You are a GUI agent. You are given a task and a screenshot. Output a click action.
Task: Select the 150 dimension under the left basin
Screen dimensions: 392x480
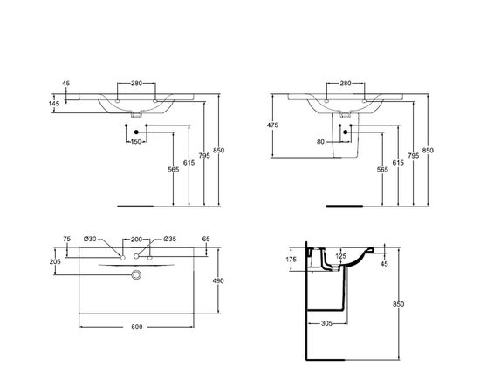(x=136, y=141)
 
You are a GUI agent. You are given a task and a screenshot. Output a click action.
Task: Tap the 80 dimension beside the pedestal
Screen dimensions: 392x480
(x=320, y=141)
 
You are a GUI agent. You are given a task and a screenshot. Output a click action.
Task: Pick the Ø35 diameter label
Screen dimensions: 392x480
(x=169, y=240)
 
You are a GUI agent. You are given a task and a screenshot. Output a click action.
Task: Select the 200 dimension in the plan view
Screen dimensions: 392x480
(x=136, y=240)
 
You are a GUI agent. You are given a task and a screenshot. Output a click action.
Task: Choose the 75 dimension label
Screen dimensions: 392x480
(x=66, y=240)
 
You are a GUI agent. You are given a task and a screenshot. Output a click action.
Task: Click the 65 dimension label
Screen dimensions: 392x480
(x=205, y=240)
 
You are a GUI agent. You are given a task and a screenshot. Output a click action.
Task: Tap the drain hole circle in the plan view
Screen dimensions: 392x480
(x=136, y=276)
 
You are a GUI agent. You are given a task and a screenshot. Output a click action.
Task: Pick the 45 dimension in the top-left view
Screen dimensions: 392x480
(x=66, y=84)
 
